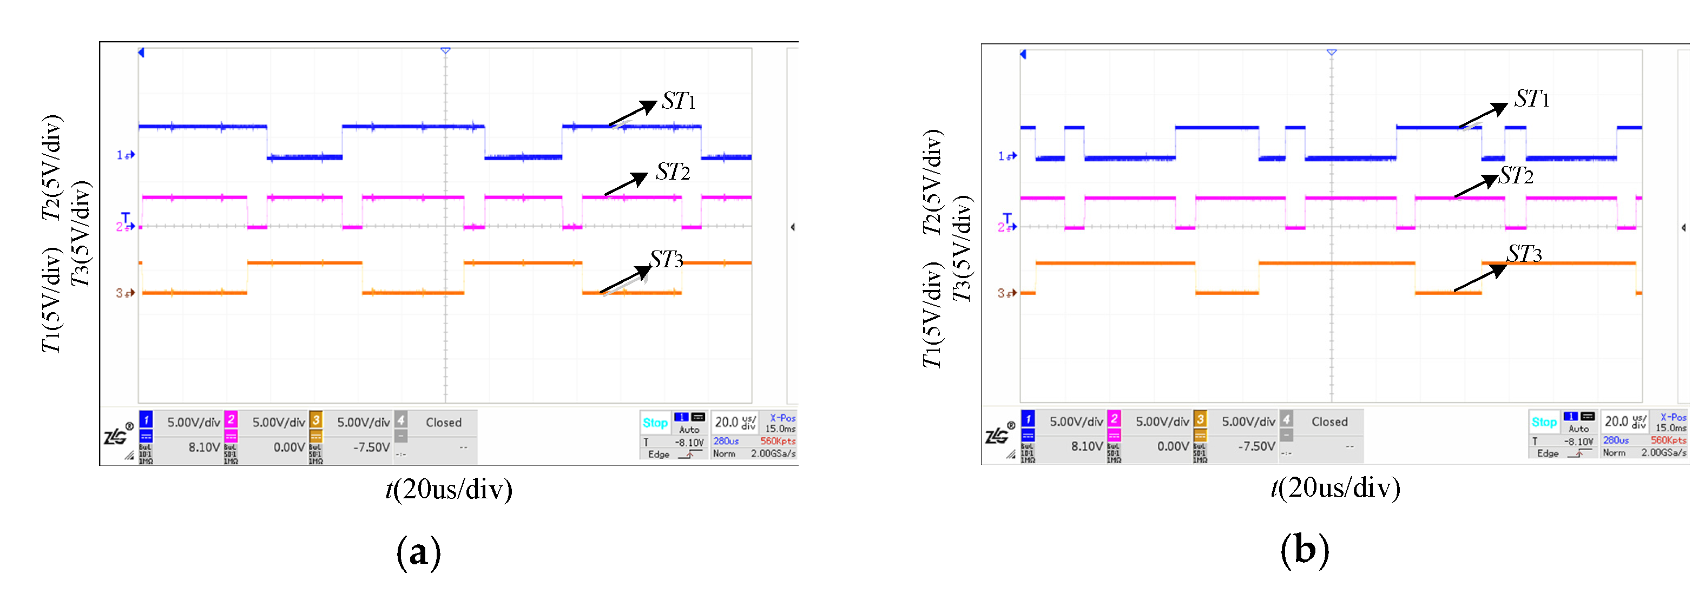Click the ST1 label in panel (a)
pos(679,101)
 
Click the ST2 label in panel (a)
pos(673,172)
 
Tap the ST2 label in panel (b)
pos(1516,176)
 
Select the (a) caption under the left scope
pos(418,551)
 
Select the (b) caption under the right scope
pos(1305,550)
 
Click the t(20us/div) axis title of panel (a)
pos(449,490)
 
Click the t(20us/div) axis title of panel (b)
pos(1335,489)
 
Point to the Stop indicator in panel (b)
pos(1544,422)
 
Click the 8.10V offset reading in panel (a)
pos(204,447)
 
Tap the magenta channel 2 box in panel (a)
pos(231,420)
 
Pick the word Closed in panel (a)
pos(444,422)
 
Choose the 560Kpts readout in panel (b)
pos(1668,440)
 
